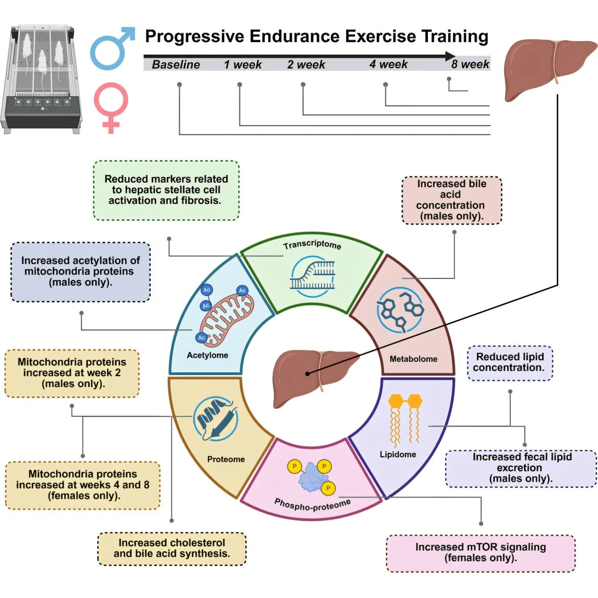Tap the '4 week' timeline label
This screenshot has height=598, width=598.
(x=388, y=64)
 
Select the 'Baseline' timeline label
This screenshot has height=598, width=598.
(x=176, y=64)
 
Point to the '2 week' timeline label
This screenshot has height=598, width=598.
(x=306, y=64)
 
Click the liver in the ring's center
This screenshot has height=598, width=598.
(x=313, y=378)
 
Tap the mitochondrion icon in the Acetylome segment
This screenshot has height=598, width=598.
(x=227, y=320)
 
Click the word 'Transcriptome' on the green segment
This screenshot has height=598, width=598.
(x=312, y=244)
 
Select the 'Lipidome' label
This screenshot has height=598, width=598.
(x=398, y=454)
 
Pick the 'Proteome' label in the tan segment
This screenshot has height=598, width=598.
(x=226, y=459)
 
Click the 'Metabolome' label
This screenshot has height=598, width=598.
(x=413, y=359)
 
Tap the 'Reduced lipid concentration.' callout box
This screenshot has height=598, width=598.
(x=510, y=363)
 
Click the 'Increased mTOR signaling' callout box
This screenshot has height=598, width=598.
(x=481, y=553)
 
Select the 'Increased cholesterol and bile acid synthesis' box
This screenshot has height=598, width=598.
(x=171, y=548)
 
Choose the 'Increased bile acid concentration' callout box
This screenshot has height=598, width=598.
(x=451, y=200)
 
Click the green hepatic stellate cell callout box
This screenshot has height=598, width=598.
(x=166, y=190)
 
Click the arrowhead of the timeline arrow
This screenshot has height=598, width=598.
(x=450, y=56)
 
